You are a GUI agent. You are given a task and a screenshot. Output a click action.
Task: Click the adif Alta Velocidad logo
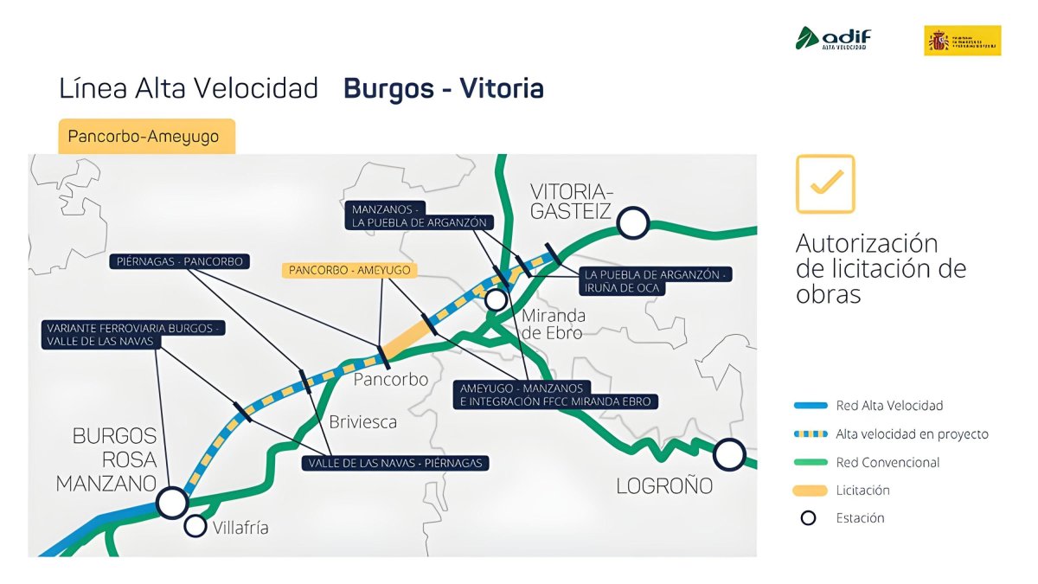point(833,39)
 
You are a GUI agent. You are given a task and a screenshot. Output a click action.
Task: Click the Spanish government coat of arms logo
point(962,40)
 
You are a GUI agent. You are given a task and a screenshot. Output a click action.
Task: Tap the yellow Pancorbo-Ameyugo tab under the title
point(146,137)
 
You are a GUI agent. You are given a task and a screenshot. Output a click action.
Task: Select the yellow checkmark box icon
point(825,183)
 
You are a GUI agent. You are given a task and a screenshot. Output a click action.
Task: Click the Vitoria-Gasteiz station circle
point(633,222)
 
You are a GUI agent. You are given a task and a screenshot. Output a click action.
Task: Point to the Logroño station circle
point(729,453)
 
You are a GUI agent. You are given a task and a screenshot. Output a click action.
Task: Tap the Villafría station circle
point(196,525)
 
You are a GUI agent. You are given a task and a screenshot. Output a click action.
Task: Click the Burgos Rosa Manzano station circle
point(172,501)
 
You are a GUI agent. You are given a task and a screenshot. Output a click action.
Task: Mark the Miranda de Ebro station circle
point(496,299)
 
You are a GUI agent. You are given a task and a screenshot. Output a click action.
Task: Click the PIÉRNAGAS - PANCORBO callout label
point(180,261)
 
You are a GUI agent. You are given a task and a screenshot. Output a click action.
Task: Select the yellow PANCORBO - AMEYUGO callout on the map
point(349,270)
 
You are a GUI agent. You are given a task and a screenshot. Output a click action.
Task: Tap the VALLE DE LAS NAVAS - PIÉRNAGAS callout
point(394,463)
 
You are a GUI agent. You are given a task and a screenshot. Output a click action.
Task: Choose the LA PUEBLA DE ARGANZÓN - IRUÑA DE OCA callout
point(657,280)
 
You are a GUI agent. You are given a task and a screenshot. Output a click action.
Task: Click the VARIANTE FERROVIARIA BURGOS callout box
point(132,335)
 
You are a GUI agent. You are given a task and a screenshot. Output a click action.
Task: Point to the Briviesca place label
point(362,422)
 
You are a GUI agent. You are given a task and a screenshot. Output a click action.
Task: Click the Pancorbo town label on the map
point(391,380)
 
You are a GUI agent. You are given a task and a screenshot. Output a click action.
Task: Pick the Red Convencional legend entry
point(887,462)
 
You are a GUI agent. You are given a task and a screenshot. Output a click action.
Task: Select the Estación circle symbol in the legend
point(808,518)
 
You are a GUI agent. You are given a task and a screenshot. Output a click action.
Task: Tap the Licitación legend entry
point(862,491)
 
